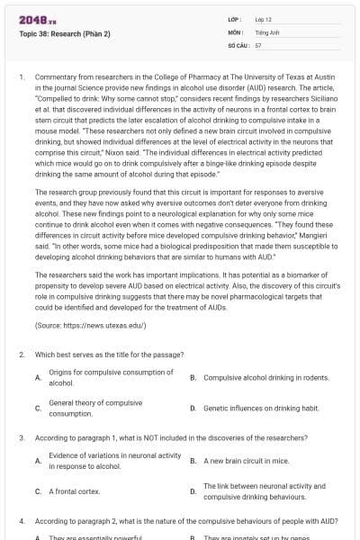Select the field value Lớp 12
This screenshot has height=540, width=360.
(263, 18)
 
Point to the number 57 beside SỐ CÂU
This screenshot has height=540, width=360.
(258, 43)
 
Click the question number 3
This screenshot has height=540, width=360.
(22, 437)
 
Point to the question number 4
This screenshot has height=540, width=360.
(22, 521)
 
